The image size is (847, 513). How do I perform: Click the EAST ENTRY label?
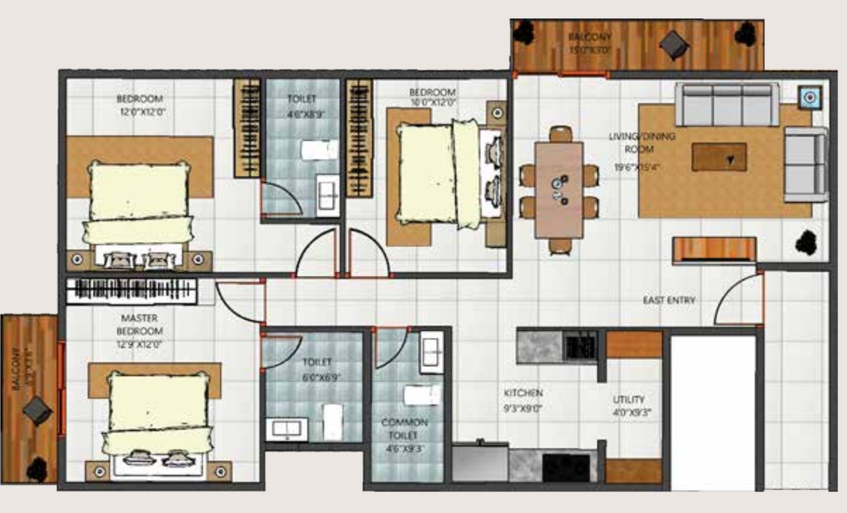tap(669, 301)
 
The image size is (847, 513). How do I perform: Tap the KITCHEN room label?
tap(523, 393)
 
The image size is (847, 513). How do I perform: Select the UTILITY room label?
tap(629, 399)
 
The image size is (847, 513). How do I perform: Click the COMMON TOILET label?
tap(404, 428)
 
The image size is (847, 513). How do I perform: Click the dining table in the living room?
tap(559, 190)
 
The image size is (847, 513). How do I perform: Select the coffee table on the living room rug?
tap(719, 157)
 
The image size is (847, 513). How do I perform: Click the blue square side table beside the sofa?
tap(810, 98)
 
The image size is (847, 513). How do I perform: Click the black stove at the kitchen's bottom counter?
tap(566, 467)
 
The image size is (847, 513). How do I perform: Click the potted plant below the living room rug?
tap(807, 242)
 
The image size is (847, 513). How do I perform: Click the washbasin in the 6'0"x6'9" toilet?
tap(287, 429)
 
